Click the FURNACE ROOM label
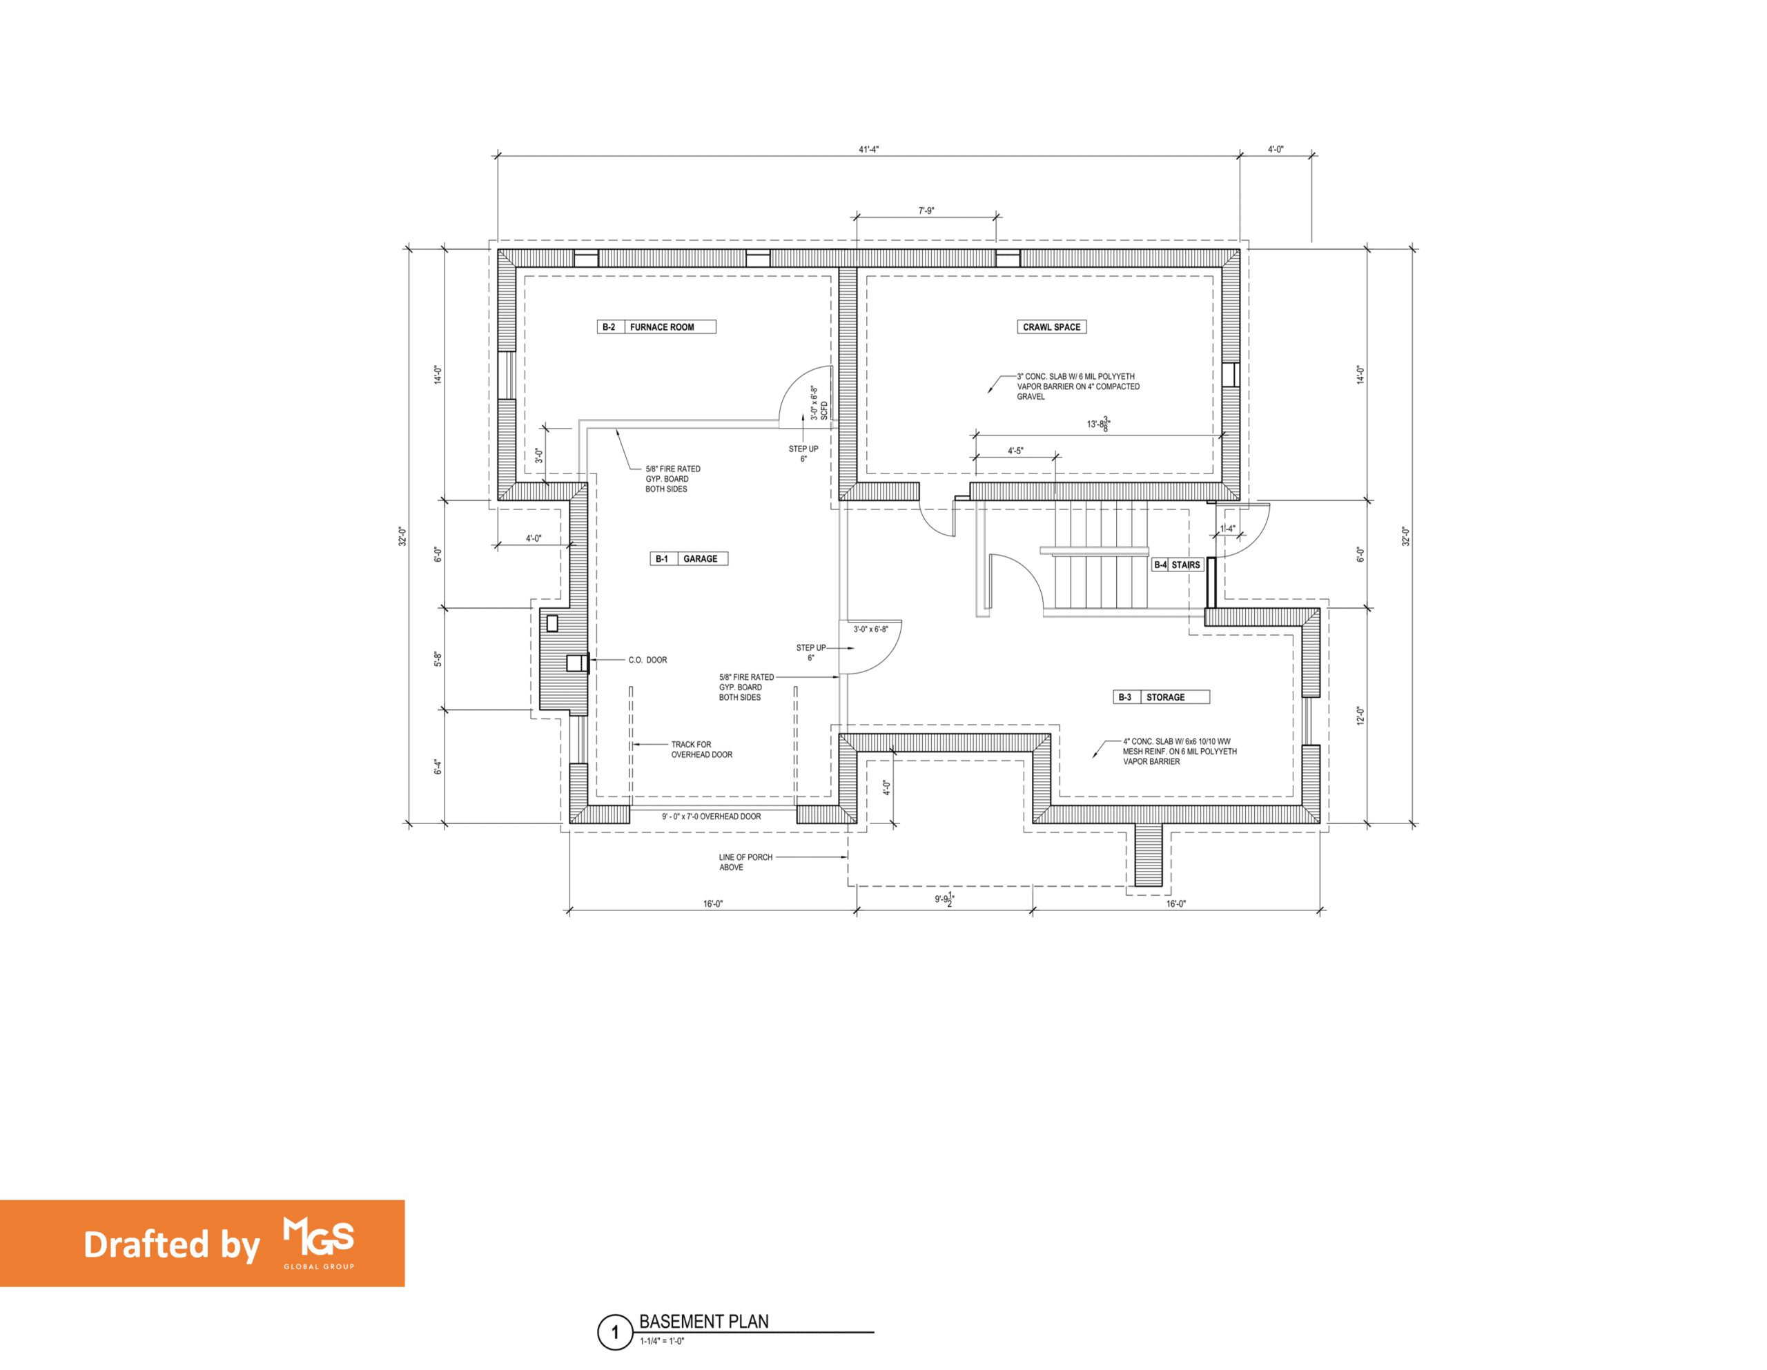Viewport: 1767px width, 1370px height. pos(662,327)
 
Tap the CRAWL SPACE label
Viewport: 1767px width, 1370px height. pos(1051,327)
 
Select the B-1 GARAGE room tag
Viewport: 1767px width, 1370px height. pos(689,558)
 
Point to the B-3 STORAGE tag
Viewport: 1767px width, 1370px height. pos(1161,697)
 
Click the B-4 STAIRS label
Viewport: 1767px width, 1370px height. pos(1177,565)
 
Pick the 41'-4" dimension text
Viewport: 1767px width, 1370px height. pos(868,150)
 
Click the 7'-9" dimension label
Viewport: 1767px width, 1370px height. pos(926,211)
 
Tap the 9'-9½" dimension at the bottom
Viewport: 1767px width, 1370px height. pos(944,899)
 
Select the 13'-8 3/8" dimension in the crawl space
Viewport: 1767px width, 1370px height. pos(1098,424)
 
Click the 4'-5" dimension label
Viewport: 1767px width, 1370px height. pos(1015,451)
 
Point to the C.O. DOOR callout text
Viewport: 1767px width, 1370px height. pos(647,660)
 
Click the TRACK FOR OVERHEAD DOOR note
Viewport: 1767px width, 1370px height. pos(701,750)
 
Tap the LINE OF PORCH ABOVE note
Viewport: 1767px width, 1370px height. pos(745,862)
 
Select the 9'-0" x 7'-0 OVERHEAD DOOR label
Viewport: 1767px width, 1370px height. pos(711,816)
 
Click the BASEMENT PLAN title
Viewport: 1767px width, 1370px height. pos(704,1322)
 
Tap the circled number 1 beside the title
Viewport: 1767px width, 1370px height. pos(615,1333)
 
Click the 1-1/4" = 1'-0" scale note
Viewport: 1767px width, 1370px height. pos(662,1341)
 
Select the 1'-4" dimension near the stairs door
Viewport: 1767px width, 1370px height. pos(1227,529)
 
